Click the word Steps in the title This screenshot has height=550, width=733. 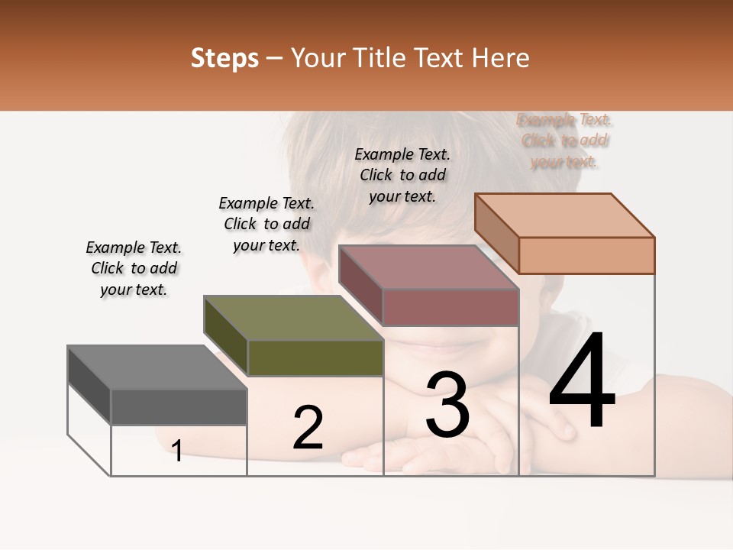coord(224,58)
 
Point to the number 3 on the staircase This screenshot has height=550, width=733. coord(447,405)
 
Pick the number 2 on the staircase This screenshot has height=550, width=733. coord(308,428)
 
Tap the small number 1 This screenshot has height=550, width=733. coord(177,451)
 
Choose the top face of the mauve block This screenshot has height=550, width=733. coord(429,267)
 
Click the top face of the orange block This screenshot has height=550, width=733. coord(565,215)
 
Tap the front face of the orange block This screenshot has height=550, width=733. coord(586,255)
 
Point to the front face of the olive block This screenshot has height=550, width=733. coord(315,357)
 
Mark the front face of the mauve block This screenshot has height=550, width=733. coord(450,307)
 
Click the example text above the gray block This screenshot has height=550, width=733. coord(134,269)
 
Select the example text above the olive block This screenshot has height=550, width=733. coord(266,225)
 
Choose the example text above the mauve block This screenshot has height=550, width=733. coord(402,175)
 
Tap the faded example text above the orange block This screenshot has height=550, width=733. coord(564,141)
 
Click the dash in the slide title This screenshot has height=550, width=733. coord(275,59)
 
